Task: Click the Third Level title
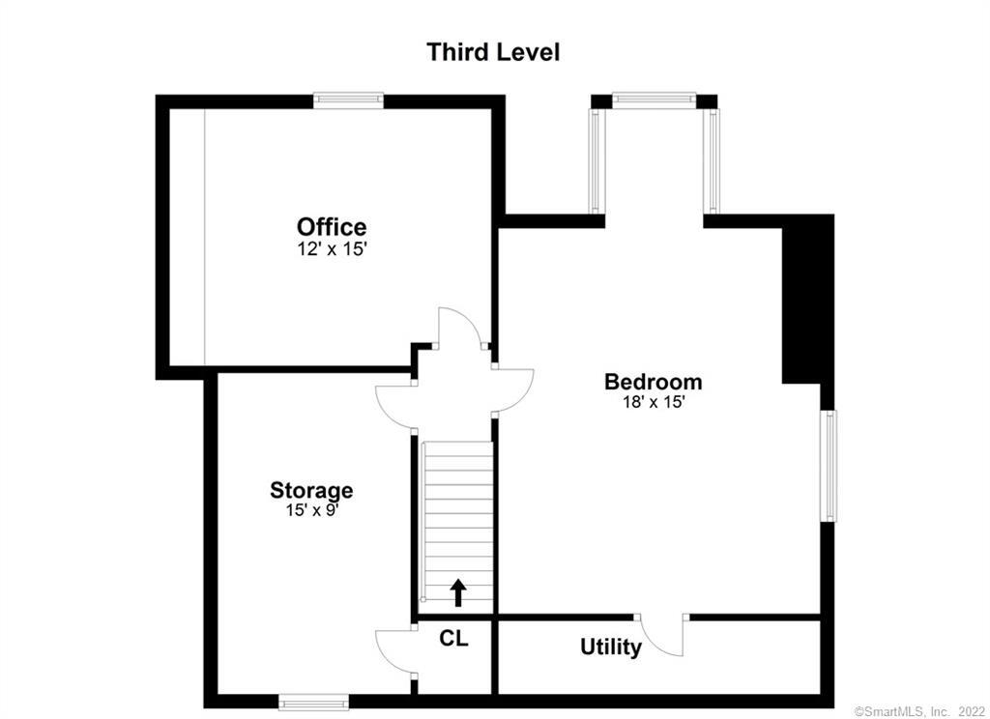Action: click(493, 52)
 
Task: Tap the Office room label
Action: click(332, 226)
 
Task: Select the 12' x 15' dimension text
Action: click(333, 249)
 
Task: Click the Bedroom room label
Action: click(653, 382)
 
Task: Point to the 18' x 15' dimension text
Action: click(654, 402)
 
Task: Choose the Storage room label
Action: click(311, 491)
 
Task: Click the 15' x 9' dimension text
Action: click(312, 510)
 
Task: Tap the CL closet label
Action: click(454, 638)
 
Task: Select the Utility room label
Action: click(611, 647)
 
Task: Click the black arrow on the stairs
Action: click(458, 592)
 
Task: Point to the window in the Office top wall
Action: click(348, 100)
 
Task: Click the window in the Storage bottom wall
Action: click(313, 702)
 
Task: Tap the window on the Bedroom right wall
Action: click(828, 466)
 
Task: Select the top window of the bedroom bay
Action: click(655, 99)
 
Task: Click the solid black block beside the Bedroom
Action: click(807, 300)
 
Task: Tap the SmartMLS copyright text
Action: click(918, 711)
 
